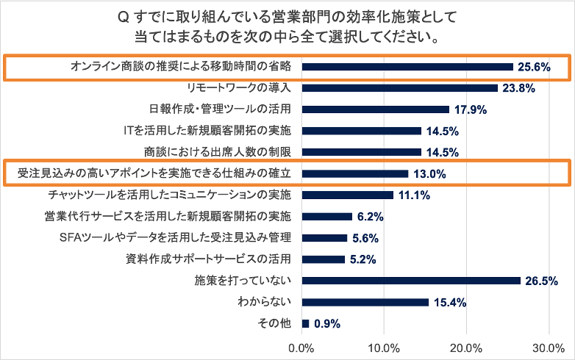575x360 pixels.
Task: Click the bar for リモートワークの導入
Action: coord(399,88)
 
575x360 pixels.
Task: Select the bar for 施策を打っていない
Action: coord(410,281)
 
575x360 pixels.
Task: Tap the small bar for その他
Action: coord(305,323)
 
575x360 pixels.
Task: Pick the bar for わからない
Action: coord(365,302)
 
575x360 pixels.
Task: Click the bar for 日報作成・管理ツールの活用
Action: coord(375,109)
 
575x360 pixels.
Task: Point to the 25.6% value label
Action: coord(535,67)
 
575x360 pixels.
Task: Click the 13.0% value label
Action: coord(449,174)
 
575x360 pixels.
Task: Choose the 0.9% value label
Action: coord(327,323)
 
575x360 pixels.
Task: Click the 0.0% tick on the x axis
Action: coord(301,347)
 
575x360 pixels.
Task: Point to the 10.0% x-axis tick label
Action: coord(384,347)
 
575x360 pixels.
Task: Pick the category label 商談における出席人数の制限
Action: coord(220,153)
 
